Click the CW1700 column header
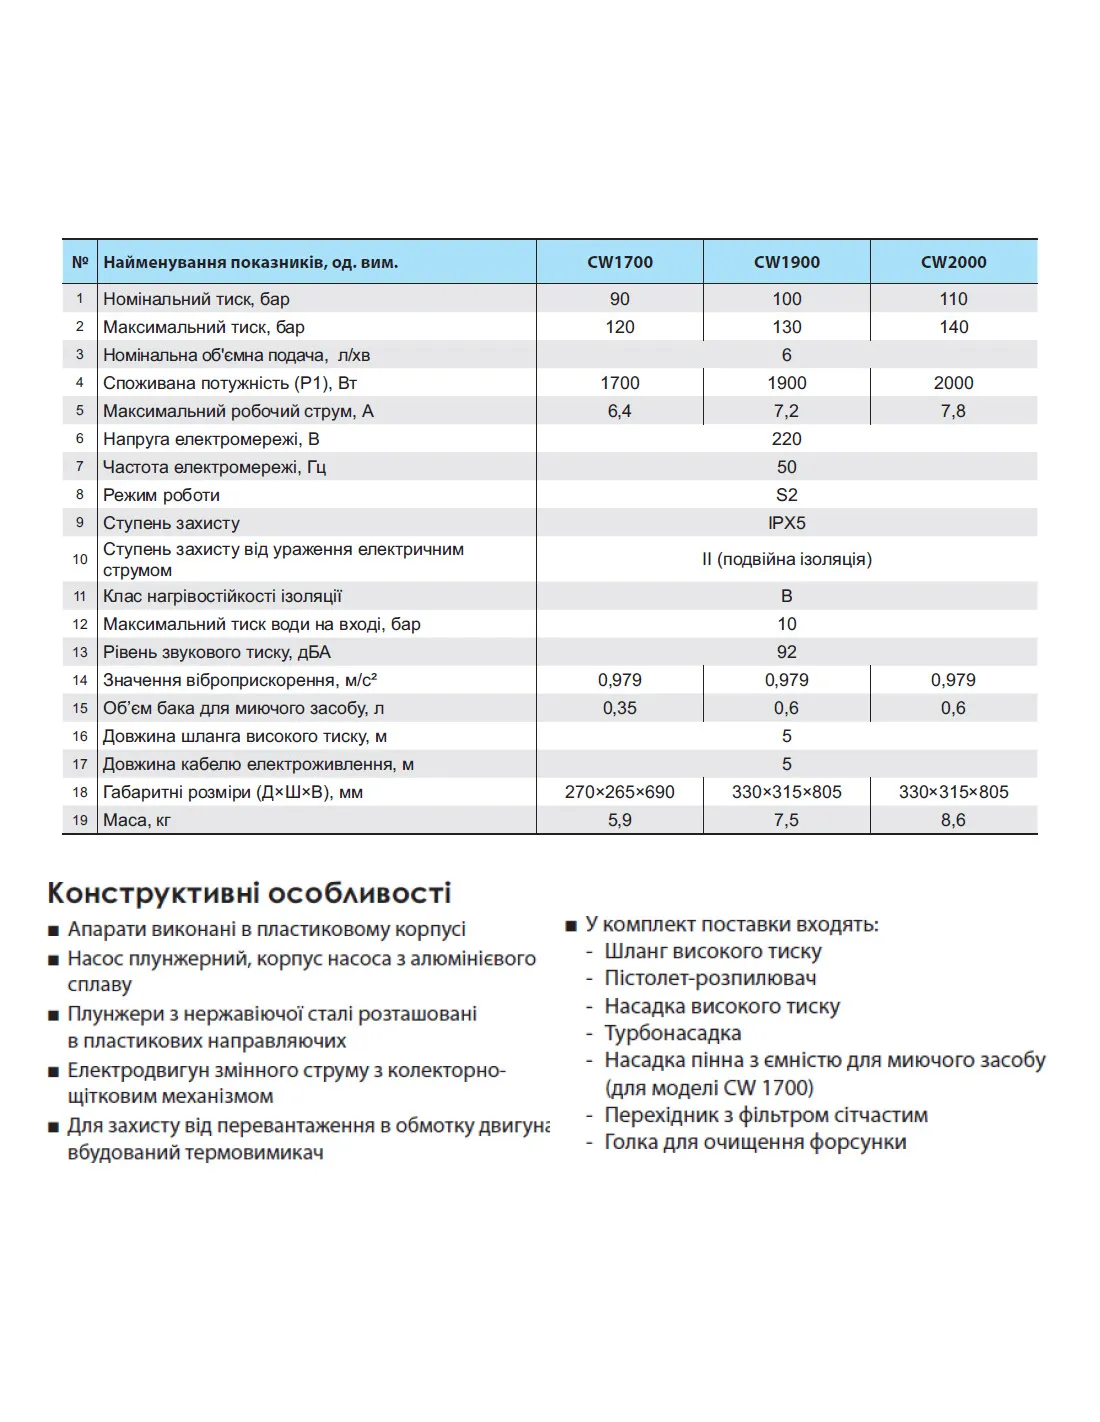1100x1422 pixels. [620, 262]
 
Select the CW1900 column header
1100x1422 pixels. [787, 262]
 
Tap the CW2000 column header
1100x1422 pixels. [953, 262]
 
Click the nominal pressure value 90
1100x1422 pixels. [620, 299]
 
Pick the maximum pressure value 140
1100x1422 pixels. [953, 327]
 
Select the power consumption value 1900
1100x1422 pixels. [787, 383]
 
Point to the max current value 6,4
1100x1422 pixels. [620, 411]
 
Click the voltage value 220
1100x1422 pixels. [787, 439]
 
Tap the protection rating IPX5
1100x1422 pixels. [787, 523]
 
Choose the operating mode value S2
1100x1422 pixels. [787, 495]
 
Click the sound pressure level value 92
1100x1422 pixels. [787, 652]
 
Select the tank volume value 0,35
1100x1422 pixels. [620, 708]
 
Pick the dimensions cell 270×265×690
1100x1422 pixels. [620, 792]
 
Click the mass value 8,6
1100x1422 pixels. [953, 820]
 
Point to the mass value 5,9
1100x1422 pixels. [620, 820]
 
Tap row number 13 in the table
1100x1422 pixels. [80, 652]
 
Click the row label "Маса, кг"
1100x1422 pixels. [137, 820]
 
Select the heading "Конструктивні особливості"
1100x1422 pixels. [249, 893]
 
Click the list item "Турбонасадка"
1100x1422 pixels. [672, 1033]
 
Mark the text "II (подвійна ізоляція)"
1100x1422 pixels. [787, 559]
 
